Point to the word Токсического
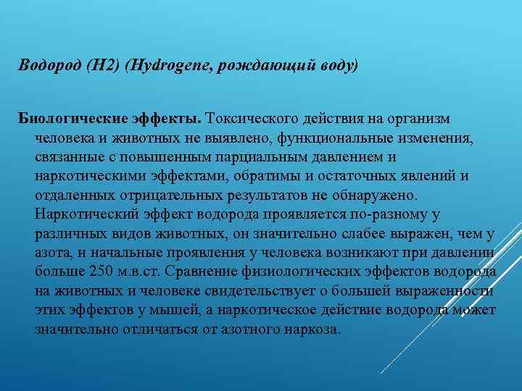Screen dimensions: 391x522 (x=246, y=118)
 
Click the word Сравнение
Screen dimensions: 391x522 (x=201, y=272)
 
